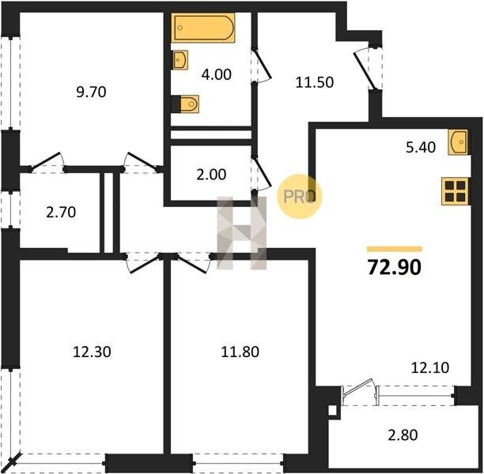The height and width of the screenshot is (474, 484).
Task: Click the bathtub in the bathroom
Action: click(x=203, y=28)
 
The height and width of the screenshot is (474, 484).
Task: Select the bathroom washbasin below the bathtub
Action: click(x=180, y=60)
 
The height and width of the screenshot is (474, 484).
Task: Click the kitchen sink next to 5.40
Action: click(x=458, y=142)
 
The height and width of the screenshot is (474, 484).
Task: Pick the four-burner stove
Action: click(x=455, y=191)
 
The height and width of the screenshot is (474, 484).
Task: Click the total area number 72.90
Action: click(x=394, y=267)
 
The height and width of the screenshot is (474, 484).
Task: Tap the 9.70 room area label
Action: click(x=91, y=92)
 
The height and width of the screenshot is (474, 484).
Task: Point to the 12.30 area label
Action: click(x=92, y=352)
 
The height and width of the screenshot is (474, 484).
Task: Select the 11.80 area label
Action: click(x=240, y=352)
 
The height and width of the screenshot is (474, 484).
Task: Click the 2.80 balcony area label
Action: click(x=403, y=435)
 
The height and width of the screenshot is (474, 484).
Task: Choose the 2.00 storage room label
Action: click(x=211, y=175)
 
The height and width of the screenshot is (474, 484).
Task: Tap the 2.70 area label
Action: click(x=61, y=213)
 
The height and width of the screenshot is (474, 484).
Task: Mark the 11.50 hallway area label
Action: click(x=315, y=82)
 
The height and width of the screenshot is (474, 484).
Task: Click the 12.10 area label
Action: click(x=430, y=367)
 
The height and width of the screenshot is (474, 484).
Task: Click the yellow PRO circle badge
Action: click(x=300, y=197)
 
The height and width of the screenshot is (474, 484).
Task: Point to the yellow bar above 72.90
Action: click(x=395, y=249)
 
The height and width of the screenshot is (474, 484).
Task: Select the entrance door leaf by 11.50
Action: click(x=365, y=71)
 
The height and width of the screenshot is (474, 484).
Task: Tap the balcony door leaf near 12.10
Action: click(x=358, y=387)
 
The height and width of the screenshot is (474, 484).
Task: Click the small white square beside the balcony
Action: click(x=332, y=411)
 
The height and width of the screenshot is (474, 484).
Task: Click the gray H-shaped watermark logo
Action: click(x=241, y=233)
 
